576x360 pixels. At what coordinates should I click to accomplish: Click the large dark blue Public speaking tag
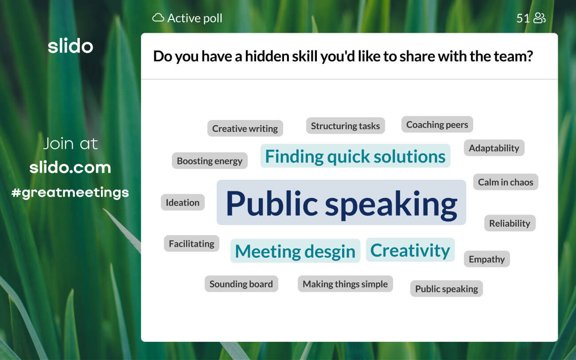point(341,202)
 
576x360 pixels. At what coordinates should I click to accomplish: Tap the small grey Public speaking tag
point(447,289)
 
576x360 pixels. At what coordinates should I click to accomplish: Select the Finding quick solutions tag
point(355,156)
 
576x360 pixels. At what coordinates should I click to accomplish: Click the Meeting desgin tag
point(295,251)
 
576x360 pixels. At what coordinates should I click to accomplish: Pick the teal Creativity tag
point(410,250)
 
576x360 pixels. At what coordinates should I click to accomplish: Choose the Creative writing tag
point(245,128)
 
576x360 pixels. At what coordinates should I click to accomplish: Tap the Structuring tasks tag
point(345,126)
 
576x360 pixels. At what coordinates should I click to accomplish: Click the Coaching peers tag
point(437,124)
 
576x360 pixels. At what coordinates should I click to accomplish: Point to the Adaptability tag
point(494,148)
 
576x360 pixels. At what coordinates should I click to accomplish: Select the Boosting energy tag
point(210,161)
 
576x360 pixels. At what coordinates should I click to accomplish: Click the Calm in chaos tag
point(506,182)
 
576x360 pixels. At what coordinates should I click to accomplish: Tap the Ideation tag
point(183,202)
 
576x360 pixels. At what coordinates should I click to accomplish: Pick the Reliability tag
point(510,223)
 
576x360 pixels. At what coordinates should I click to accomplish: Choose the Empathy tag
point(487,259)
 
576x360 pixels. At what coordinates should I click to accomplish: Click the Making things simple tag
point(345,284)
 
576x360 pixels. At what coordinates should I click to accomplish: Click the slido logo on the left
point(70,46)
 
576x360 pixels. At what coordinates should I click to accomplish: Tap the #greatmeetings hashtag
point(70,193)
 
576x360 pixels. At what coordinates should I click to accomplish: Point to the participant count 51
point(523,18)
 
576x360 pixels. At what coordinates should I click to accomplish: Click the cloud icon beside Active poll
point(158,17)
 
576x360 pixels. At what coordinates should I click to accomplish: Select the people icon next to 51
point(539,18)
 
